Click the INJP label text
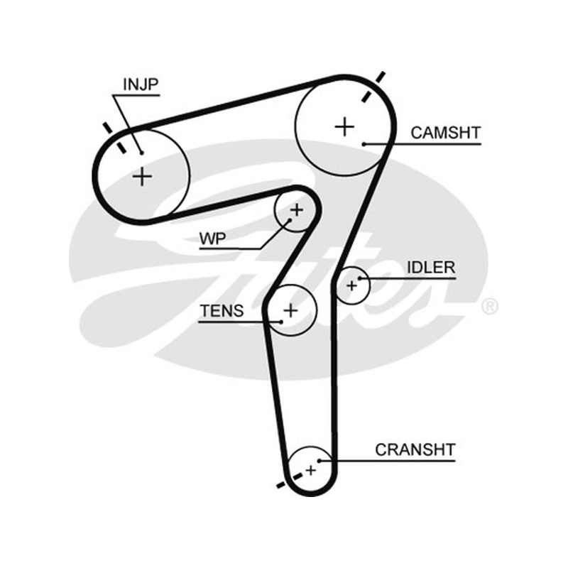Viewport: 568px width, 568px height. (141, 84)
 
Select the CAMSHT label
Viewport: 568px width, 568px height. (446, 133)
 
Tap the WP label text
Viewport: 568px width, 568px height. (212, 239)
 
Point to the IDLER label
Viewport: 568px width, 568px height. (431, 268)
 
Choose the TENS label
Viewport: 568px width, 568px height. (222, 311)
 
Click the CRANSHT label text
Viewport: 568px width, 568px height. (415, 450)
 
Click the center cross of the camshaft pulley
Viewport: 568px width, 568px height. (344, 127)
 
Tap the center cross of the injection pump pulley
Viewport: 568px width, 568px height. (143, 177)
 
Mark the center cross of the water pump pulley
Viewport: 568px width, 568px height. (297, 209)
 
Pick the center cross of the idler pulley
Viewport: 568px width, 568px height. (351, 286)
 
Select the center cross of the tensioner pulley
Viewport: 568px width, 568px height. (290, 310)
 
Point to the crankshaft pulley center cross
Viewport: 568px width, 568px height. (311, 470)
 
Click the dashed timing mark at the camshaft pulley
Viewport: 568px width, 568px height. (373, 87)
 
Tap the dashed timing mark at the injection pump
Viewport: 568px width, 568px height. (115, 138)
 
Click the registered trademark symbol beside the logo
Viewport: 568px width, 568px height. (489, 307)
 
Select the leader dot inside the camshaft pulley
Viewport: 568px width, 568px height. (364, 144)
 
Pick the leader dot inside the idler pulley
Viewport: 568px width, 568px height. (360, 278)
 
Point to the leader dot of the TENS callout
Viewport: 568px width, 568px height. (281, 322)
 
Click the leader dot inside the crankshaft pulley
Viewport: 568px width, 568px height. (319, 461)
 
